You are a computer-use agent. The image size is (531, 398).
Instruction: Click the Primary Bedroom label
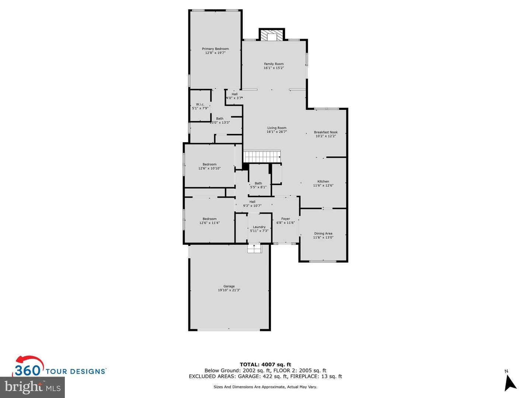215,49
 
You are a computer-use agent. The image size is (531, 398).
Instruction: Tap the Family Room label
274,64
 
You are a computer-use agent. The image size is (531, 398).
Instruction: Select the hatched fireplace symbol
272,35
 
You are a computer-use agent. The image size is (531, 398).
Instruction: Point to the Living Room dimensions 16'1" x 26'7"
277,132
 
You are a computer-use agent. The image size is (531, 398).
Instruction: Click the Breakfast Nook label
326,132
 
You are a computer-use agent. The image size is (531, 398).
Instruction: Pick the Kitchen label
323,181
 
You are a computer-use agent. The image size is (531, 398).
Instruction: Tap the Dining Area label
323,233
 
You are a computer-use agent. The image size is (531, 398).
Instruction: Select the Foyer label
285,219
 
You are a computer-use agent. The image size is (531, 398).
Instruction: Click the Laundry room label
259,227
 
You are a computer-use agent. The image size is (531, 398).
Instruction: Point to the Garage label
229,286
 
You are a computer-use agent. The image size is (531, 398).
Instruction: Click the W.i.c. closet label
200,104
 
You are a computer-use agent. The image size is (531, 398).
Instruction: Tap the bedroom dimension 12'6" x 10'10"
209,168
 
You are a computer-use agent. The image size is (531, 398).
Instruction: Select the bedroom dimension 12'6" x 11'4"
209,223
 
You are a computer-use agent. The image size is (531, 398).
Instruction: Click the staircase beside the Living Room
262,156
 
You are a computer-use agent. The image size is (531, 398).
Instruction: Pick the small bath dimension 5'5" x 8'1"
258,187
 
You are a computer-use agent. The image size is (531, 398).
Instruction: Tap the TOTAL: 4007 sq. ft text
265,364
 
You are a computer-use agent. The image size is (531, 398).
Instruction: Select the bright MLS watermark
32,387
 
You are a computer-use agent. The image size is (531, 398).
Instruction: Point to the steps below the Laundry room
254,249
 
